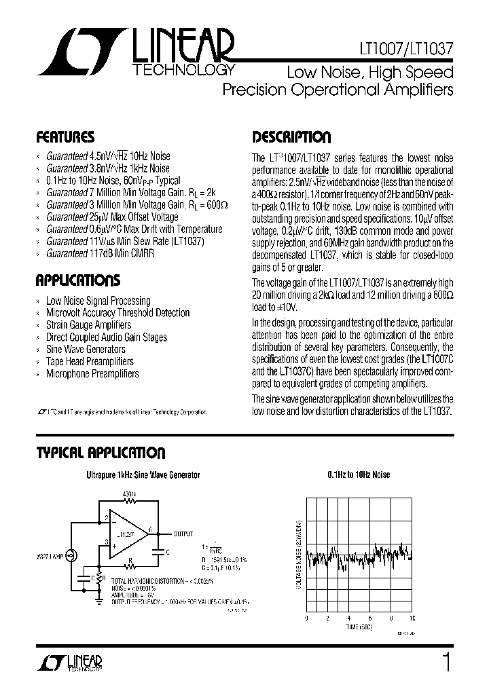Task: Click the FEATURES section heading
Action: tap(65, 137)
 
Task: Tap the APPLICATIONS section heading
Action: tap(78, 280)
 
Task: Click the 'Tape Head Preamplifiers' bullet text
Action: tap(90, 362)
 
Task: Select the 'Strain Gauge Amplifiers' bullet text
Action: tap(88, 325)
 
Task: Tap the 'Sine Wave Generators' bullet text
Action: tap(86, 350)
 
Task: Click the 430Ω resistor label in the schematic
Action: tap(130, 494)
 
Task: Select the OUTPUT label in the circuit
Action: tap(184, 534)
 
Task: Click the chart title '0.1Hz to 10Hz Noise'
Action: tap(359, 475)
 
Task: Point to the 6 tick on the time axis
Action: tap(370, 619)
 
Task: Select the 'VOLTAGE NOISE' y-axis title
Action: tap(299, 554)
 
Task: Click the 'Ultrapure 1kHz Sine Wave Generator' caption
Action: tap(143, 475)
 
